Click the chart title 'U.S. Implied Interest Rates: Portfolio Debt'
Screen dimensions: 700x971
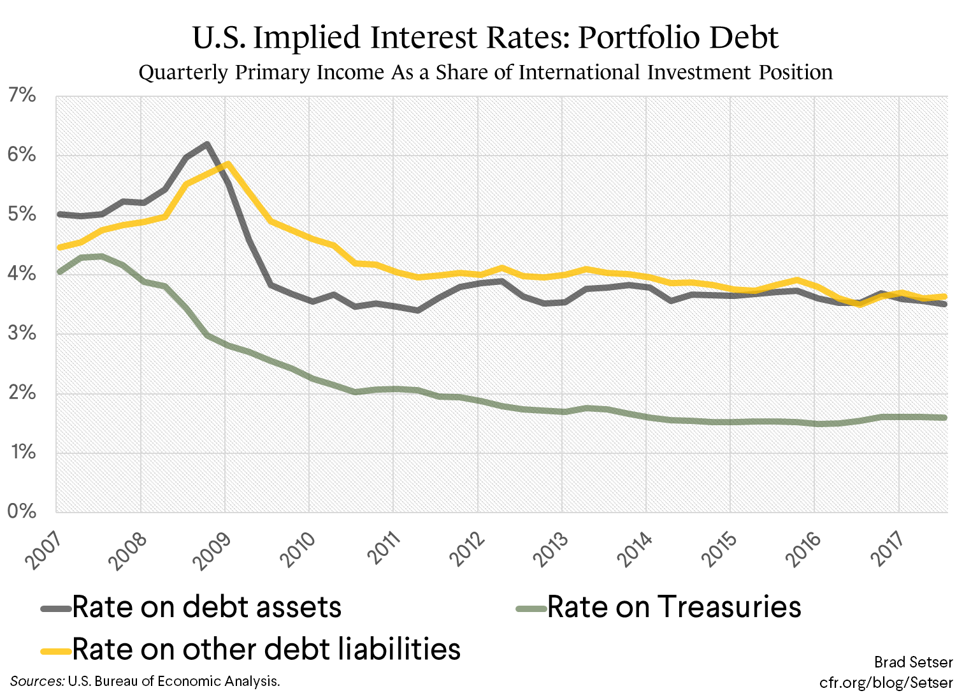click(x=485, y=38)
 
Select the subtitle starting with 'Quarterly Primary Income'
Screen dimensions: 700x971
click(x=485, y=72)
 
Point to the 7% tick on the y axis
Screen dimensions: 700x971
click(x=22, y=96)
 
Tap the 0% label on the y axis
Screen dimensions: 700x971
click(x=22, y=512)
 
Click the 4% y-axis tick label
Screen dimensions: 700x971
click(x=22, y=275)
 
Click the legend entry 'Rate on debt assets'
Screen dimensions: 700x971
click(x=207, y=607)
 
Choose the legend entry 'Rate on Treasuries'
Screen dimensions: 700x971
click(x=674, y=607)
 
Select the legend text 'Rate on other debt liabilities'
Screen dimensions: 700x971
click(x=266, y=649)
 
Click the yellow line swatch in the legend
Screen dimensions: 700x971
click(x=56, y=650)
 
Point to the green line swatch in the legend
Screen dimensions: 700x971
click(x=530, y=608)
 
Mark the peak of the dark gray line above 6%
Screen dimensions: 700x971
click(x=206, y=144)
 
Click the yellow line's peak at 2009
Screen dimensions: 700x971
click(x=227, y=164)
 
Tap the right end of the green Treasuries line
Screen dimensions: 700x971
click(x=946, y=418)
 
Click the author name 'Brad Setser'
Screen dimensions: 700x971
click(x=913, y=662)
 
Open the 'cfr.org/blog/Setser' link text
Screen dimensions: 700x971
click(x=886, y=683)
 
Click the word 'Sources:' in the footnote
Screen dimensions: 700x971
click(x=37, y=681)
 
